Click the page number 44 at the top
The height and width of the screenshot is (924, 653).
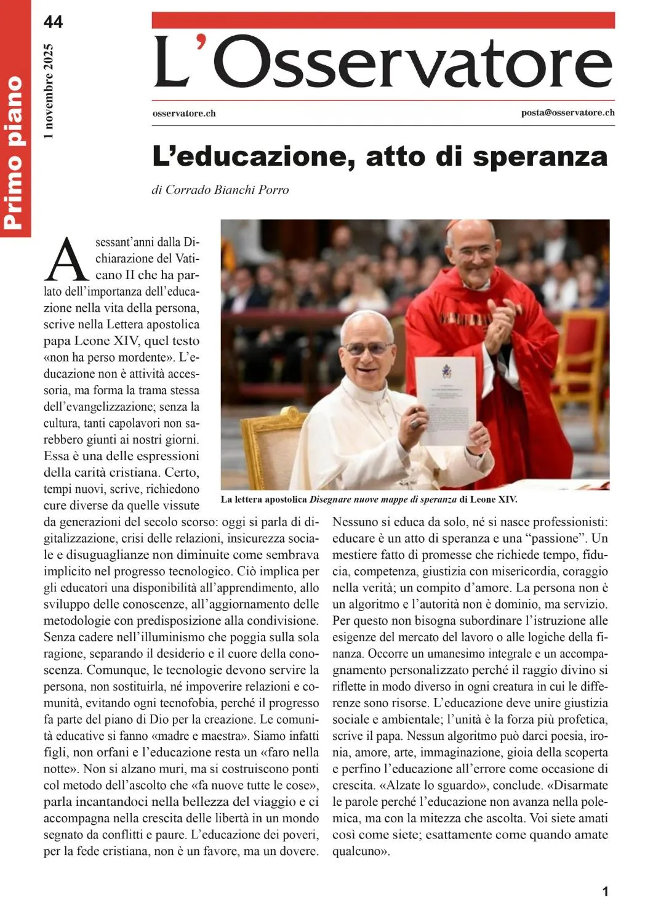pyautogui.click(x=53, y=22)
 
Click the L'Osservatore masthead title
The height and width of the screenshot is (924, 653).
pyautogui.click(x=383, y=62)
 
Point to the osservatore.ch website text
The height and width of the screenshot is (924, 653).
pyautogui.click(x=183, y=113)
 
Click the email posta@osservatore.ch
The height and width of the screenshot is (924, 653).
pyautogui.click(x=567, y=112)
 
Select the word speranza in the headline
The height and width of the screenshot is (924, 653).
pyautogui.click(x=540, y=156)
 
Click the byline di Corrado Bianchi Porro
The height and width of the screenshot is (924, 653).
pyautogui.click(x=220, y=190)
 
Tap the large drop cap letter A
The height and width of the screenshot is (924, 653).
pyautogui.click(x=68, y=259)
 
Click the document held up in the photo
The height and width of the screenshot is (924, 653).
pyautogui.click(x=446, y=400)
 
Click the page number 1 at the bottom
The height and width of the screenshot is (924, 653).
pyautogui.click(x=605, y=891)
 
